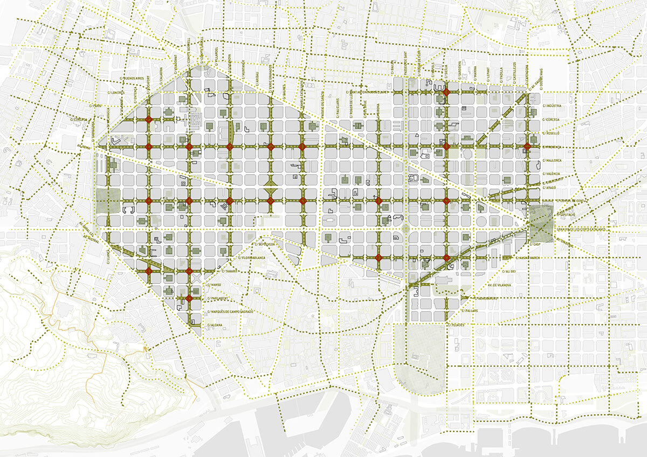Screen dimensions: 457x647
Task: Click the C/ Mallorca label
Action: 553,160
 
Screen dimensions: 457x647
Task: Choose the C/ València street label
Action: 553,174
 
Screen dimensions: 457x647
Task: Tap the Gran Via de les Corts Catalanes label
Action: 582,229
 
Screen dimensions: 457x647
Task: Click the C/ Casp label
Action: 535,244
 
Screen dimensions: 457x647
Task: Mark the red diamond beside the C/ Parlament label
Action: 189,298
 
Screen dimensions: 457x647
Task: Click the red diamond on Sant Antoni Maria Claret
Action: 446,93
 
